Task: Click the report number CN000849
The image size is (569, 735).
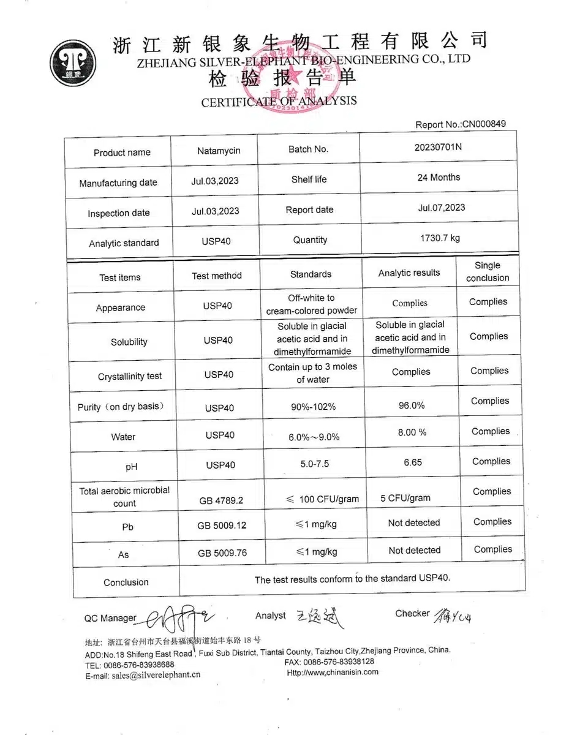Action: click(484, 124)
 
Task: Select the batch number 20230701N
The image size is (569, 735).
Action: click(439, 148)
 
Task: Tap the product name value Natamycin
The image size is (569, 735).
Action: click(219, 151)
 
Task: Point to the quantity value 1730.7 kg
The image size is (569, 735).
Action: click(439, 238)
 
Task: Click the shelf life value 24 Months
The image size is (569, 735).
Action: click(439, 178)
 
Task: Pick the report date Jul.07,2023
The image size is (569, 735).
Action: click(442, 208)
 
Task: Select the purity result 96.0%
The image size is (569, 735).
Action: click(412, 405)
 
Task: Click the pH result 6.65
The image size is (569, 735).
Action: click(413, 462)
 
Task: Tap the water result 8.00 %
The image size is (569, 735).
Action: click(412, 432)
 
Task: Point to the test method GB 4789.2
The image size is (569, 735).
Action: click(221, 500)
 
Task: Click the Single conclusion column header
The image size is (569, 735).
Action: click(488, 271)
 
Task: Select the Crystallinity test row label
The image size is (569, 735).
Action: click(130, 377)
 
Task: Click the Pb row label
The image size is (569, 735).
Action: click(127, 527)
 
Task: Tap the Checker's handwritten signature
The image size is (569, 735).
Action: click(454, 614)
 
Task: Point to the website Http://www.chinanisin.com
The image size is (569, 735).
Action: click(333, 672)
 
